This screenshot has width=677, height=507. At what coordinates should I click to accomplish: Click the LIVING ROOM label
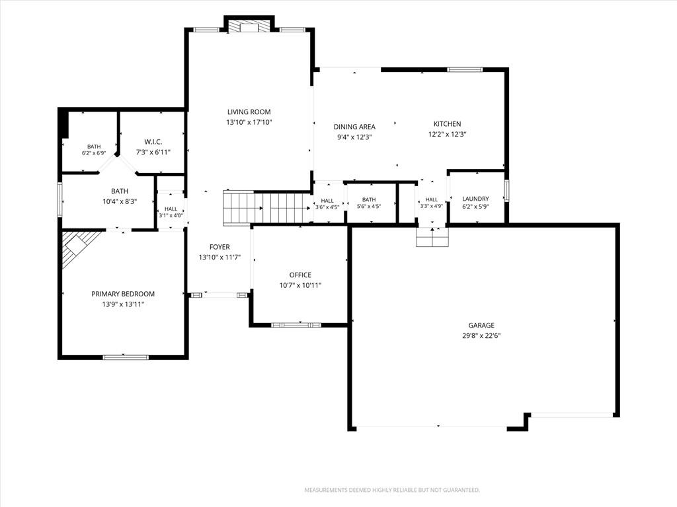[249, 112]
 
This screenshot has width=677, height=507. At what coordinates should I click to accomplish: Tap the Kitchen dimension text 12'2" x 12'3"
[448, 134]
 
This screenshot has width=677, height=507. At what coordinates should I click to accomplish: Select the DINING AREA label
[354, 127]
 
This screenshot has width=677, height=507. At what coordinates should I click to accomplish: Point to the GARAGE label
[481, 325]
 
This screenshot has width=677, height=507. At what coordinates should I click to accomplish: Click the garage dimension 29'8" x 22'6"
[481, 336]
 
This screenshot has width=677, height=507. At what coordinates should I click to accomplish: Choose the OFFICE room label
[300, 275]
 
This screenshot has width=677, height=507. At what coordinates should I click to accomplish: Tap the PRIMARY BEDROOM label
[123, 294]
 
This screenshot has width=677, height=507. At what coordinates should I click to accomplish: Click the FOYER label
[219, 247]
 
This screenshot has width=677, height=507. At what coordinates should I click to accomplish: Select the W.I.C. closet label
[153, 142]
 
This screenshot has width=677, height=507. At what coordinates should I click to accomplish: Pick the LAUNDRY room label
[476, 199]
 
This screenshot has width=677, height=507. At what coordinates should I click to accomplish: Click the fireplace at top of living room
[249, 26]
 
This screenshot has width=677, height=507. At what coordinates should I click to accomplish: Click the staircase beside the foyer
[266, 208]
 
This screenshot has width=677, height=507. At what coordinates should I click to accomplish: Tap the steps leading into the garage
[432, 237]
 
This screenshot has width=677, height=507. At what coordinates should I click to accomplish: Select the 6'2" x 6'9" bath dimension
[94, 153]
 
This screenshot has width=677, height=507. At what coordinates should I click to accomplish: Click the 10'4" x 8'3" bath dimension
[120, 201]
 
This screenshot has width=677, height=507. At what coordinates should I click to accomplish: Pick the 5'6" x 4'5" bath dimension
[369, 207]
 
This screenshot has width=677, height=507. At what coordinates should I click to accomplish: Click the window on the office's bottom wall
[296, 325]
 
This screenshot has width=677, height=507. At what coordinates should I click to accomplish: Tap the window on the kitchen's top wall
[465, 69]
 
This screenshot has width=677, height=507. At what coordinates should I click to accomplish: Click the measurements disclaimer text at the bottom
[392, 490]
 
